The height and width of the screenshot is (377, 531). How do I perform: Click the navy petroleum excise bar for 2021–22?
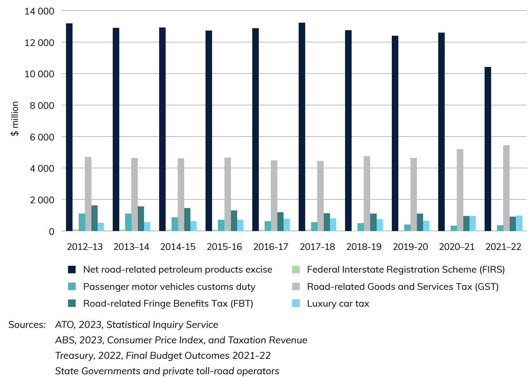coord(488,149)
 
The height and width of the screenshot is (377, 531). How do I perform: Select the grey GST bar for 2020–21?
coord(460,190)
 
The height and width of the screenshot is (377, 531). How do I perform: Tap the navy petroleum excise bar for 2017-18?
coord(302,127)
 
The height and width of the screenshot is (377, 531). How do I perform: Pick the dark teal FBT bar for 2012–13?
coord(94,218)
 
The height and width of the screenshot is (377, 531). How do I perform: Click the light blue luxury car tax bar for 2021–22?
coord(519,223)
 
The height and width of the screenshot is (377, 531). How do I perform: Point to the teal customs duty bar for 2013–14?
coord(128,222)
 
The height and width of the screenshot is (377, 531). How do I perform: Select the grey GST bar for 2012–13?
coord(88,194)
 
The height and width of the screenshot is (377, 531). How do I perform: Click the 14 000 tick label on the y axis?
coord(39,11)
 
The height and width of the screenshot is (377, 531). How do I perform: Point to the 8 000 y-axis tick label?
coord(42,105)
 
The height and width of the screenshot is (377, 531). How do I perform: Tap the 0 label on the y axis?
coord(52,232)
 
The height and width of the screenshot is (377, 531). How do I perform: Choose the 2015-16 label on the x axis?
coord(224,247)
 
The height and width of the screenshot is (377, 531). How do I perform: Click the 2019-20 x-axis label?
coord(410,247)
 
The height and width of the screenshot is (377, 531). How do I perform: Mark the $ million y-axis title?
coord(15,119)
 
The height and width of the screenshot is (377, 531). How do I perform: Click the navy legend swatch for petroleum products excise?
coord(72,270)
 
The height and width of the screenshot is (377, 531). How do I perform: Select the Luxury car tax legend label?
coord(338,304)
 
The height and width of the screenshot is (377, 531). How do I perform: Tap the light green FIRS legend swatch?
coord(296,270)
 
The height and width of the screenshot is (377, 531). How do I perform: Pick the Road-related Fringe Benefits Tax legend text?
coord(168,304)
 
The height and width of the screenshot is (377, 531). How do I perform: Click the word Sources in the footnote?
coord(27,325)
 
